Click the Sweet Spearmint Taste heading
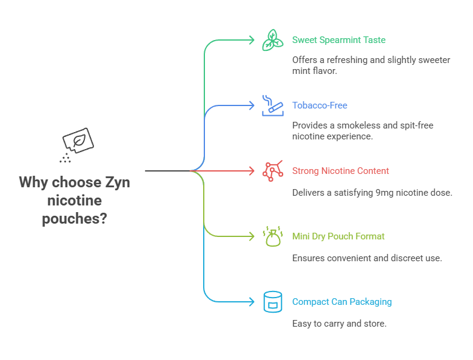pyautogui.click(x=338, y=40)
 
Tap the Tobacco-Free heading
pyautogui.click(x=320, y=105)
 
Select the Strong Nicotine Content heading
pyautogui.click(x=340, y=171)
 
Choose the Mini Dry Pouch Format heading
pyautogui.click(x=338, y=236)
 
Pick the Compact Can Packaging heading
pyautogui.click(x=341, y=302)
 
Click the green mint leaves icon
pyautogui.click(x=272, y=40)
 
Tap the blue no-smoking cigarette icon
pyautogui.click(x=272, y=105)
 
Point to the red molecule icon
pyautogui.click(x=272, y=171)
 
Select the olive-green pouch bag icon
pyautogui.click(x=272, y=236)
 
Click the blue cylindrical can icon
pyautogui.click(x=272, y=302)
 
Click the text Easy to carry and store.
pyautogui.click(x=339, y=324)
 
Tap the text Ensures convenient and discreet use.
pyautogui.click(x=367, y=258)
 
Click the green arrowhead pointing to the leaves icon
pyautogui.click(x=251, y=40)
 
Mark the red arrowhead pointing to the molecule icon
pyautogui.click(x=251, y=171)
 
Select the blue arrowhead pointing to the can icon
pyautogui.click(x=251, y=302)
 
